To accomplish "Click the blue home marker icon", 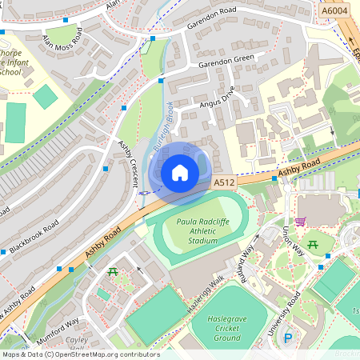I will coord(180,172).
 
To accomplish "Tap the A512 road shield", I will coord(225,183).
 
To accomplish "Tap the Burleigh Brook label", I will coord(162,126).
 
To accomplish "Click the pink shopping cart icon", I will coord(300,222).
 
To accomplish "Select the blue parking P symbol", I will coord(288,338).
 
